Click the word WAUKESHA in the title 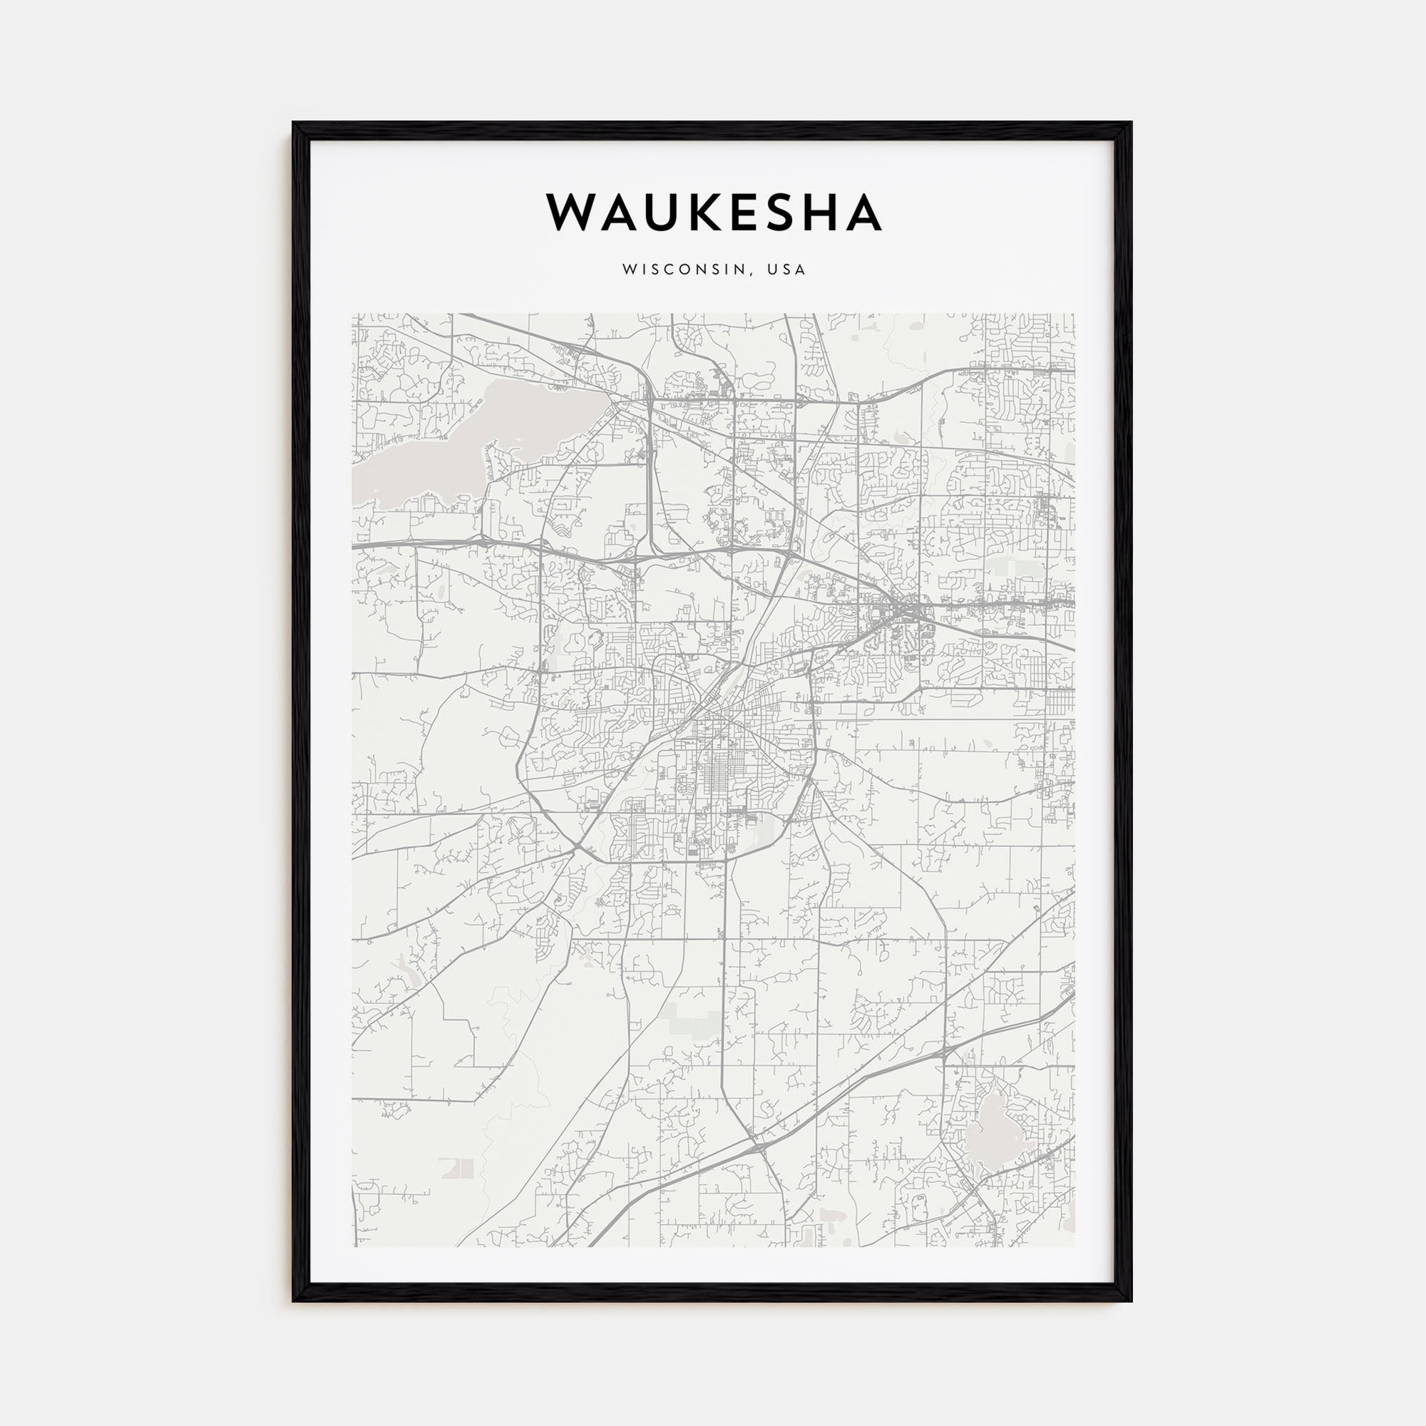click(x=713, y=212)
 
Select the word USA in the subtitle click(x=787, y=270)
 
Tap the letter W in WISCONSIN click(x=628, y=270)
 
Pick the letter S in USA click(x=787, y=270)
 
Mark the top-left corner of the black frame click(x=294, y=123)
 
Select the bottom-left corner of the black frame click(x=294, y=1300)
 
